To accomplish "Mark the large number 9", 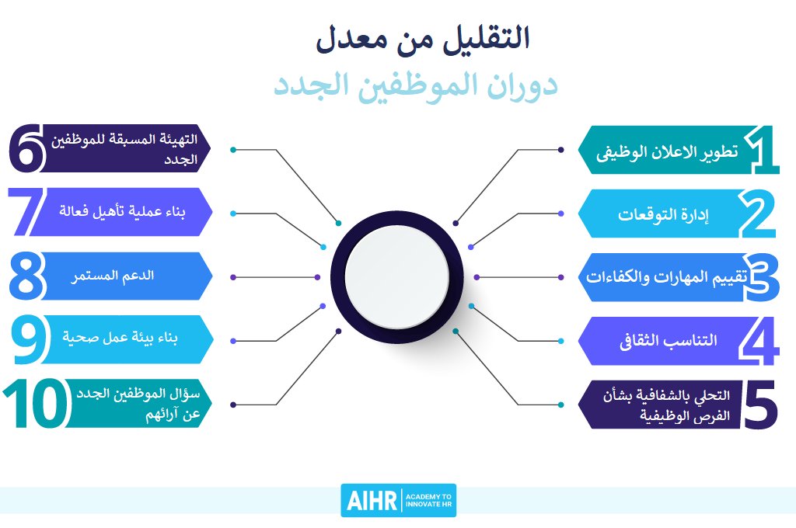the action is pyautogui.click(x=30, y=340).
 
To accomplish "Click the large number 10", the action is pyautogui.click(x=36, y=405).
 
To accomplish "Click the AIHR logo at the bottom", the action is pyautogui.click(x=398, y=500).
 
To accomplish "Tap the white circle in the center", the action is pyautogui.click(x=396, y=276).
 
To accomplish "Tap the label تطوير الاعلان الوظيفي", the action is pyautogui.click(x=667, y=151).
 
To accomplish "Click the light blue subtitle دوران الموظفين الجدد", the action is pyautogui.click(x=415, y=85).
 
